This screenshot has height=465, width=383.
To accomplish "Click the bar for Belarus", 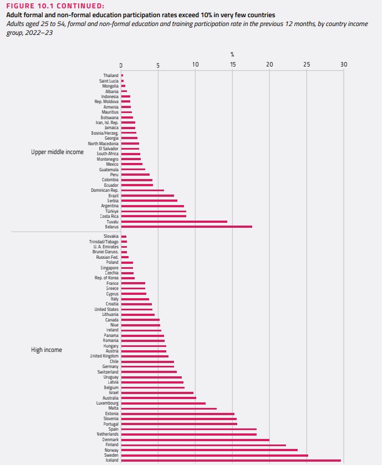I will coord(186,227).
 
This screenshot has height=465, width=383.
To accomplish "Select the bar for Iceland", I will coord(231,460).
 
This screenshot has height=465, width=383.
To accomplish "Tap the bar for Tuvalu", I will coord(174,222).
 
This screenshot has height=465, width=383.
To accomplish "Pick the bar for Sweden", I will coord(214,455).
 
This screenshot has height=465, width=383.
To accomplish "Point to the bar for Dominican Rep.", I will coord(142,190).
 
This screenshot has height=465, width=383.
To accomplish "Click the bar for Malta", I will coord(168,408).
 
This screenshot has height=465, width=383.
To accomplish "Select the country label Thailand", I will coord(110,75).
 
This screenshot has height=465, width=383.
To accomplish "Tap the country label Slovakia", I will coord(110,237).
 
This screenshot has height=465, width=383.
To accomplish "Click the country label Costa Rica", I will coord(109,216).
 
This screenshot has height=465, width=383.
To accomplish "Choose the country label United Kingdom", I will coord(104,356).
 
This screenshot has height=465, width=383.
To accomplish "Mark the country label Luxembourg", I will coord(106,403).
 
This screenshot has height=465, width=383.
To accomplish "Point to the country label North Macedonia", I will coord(103,144).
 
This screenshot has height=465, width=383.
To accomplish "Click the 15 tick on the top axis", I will coord(233,65).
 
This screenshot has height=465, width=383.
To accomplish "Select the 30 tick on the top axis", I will coord(344,65).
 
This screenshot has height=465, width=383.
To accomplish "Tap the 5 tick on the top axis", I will coord(158,65).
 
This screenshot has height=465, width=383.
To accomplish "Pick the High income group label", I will coord(47,350).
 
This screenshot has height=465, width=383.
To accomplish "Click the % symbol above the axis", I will coord(232,54).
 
